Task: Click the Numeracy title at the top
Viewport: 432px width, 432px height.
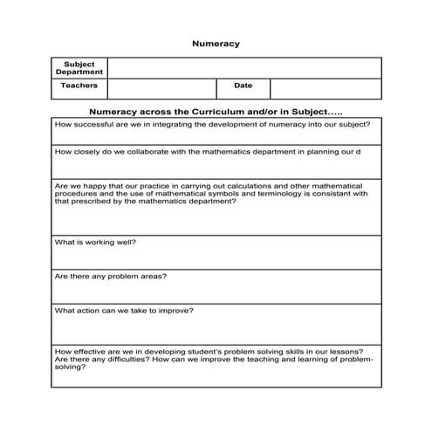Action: tap(215, 42)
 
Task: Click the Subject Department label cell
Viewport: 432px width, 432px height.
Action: tap(79, 68)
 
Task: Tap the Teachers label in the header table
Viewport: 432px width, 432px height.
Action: tap(79, 86)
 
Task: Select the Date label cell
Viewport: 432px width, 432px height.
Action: tap(243, 86)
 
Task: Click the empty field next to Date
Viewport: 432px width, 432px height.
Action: tap(326, 87)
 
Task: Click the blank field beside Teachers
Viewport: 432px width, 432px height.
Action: tap(161, 87)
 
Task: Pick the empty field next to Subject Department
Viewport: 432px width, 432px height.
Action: tap(244, 68)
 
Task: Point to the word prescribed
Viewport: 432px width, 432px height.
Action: tap(88, 202)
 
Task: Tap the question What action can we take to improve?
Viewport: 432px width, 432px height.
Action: tap(124, 310)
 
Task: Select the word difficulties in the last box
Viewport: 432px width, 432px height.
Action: tap(113, 359)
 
